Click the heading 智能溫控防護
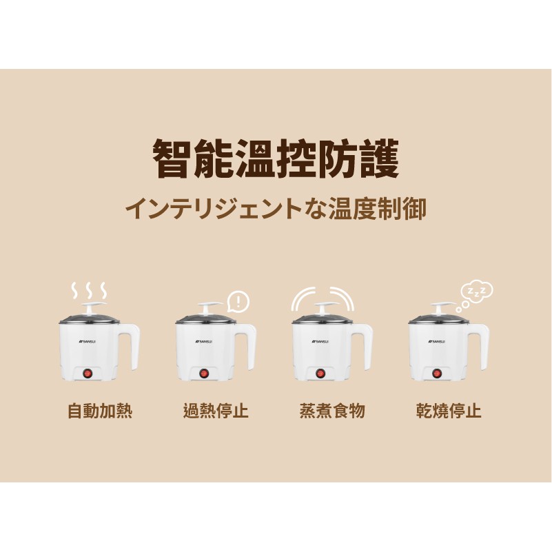pos(276,159)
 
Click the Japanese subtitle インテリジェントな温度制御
pos(276,209)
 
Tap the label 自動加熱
pos(100,411)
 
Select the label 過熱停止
pos(216,411)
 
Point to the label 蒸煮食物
pos(332,411)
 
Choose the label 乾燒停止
pos(449,411)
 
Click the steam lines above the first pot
pos(89,290)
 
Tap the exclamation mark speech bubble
pos(238,302)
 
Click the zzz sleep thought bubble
pos(475,296)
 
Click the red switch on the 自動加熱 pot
pos(88,373)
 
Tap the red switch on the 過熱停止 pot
pos(203,373)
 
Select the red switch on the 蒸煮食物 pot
pos(320,373)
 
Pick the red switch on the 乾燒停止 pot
pos(436,373)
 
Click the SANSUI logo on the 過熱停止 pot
pos(204,341)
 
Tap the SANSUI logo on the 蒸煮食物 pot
pos(320,341)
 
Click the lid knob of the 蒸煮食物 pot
pos(322,307)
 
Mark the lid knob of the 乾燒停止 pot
pos(439,307)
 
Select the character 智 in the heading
pos(172,159)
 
